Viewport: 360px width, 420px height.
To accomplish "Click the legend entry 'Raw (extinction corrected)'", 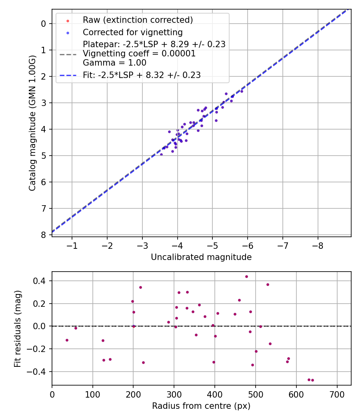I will [x=138, y=20].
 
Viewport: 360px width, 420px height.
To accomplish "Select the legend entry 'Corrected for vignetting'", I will [x=132, y=32].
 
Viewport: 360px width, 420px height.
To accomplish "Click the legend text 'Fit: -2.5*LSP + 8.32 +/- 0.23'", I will [x=142, y=75].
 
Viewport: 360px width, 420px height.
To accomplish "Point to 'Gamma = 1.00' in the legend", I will [x=114, y=63].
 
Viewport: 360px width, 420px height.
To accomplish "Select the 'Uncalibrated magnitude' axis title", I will [x=201, y=257].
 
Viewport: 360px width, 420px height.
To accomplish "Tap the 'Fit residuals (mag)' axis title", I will [x=17, y=328].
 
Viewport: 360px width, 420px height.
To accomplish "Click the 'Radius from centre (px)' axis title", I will [x=201, y=406].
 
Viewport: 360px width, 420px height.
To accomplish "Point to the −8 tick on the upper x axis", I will [x=318, y=244].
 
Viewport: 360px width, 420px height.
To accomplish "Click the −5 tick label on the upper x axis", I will [x=212, y=244].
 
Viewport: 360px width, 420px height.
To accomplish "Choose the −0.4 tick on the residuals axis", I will [x=40, y=372].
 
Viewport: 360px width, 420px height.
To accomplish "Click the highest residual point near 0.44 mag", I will [x=246, y=276].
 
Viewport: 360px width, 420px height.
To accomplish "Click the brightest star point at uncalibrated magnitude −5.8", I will [x=242, y=91].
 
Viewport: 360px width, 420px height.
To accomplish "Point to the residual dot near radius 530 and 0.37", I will [x=268, y=284].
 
